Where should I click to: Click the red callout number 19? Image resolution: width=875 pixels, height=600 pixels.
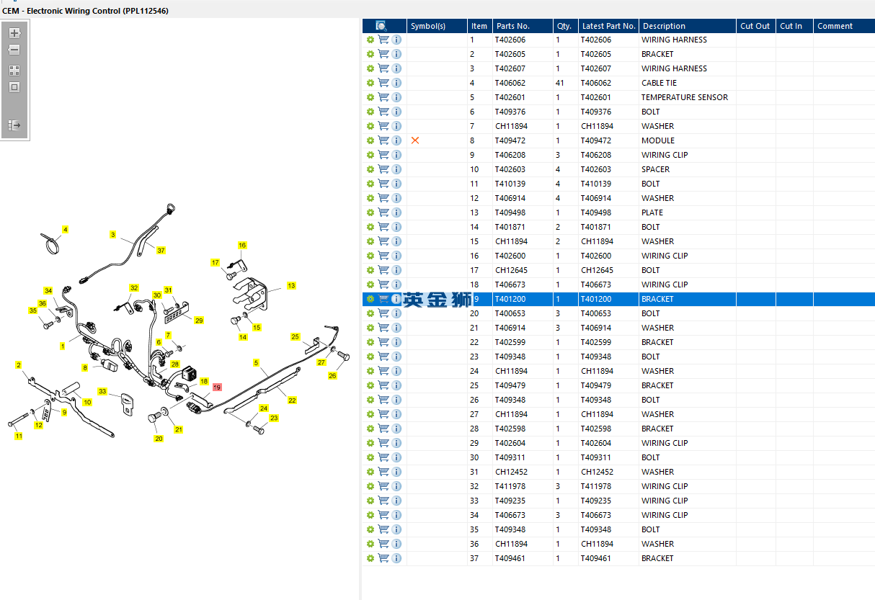(217, 388)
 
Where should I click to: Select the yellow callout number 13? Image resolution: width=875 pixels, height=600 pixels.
(291, 286)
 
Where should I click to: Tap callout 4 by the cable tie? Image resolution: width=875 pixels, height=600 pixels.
(65, 230)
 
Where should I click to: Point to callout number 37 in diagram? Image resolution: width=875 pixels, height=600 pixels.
(161, 251)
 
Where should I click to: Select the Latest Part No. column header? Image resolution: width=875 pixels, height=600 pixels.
(608, 26)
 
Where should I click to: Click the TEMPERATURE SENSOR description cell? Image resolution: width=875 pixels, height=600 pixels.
(684, 97)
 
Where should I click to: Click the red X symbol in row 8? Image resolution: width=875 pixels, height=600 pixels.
(415, 140)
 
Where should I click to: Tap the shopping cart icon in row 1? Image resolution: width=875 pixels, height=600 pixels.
(383, 40)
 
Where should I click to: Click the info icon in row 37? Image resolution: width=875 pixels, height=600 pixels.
(396, 558)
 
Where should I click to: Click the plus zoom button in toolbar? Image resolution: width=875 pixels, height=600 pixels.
(14, 33)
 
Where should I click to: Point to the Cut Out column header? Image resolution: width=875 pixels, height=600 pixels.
(755, 26)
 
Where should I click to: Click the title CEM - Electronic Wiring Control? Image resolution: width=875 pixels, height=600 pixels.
(85, 11)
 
